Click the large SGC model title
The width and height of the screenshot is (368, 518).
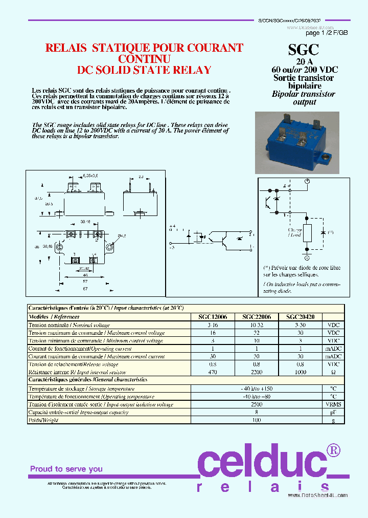[x=304, y=49]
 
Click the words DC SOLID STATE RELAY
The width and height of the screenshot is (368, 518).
[x=144, y=70]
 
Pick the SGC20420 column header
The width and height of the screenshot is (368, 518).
[x=300, y=317]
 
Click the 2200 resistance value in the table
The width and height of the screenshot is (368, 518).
[x=257, y=372]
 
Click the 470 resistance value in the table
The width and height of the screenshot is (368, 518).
[x=214, y=372]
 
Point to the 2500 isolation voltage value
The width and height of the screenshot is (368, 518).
[x=257, y=404]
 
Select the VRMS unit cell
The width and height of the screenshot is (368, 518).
[x=333, y=404]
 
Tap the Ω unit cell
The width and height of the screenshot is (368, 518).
[x=333, y=372]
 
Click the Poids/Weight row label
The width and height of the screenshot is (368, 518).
[x=43, y=420]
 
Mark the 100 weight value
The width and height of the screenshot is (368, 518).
[x=257, y=420]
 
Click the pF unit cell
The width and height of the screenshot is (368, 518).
[x=333, y=412]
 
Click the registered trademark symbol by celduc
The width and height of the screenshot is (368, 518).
[x=333, y=450]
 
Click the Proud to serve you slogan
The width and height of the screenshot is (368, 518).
[x=66, y=469]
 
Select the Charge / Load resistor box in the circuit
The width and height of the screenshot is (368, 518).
[x=307, y=233]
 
